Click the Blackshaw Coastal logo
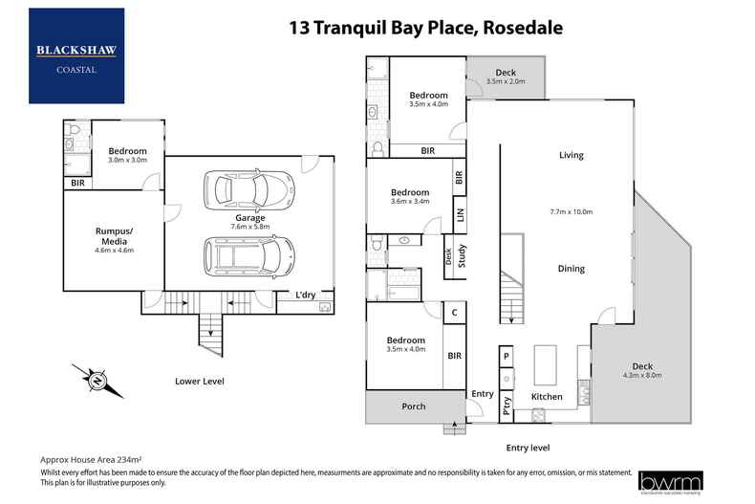pyautogui.click(x=76, y=55)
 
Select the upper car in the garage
pyautogui.click(x=248, y=188)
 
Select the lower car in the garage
pyautogui.click(x=248, y=255)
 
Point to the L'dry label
pyautogui.click(x=306, y=295)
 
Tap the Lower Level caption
pyautogui.click(x=200, y=381)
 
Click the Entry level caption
pyautogui.click(x=530, y=447)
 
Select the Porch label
pyautogui.click(x=413, y=406)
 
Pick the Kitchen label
pyautogui.click(x=547, y=396)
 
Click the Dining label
pyautogui.click(x=572, y=269)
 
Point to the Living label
pyautogui.click(x=572, y=155)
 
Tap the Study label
pyautogui.click(x=461, y=254)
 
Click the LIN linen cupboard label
pyautogui.click(x=461, y=217)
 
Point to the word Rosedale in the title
pyautogui.click(x=523, y=28)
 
